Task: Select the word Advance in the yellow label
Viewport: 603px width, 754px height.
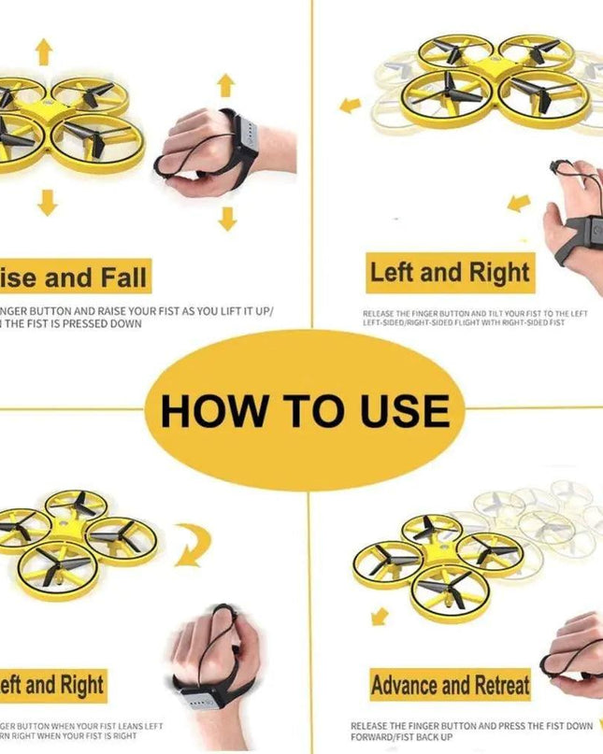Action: tap(410, 685)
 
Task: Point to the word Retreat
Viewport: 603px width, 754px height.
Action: tap(496, 685)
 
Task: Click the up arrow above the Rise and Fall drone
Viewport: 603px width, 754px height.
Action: tap(44, 52)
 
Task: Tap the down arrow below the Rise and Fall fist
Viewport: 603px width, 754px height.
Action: tap(227, 219)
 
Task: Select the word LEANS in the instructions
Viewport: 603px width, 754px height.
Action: tap(126, 725)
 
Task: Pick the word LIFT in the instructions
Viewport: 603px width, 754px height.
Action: tap(237, 311)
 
